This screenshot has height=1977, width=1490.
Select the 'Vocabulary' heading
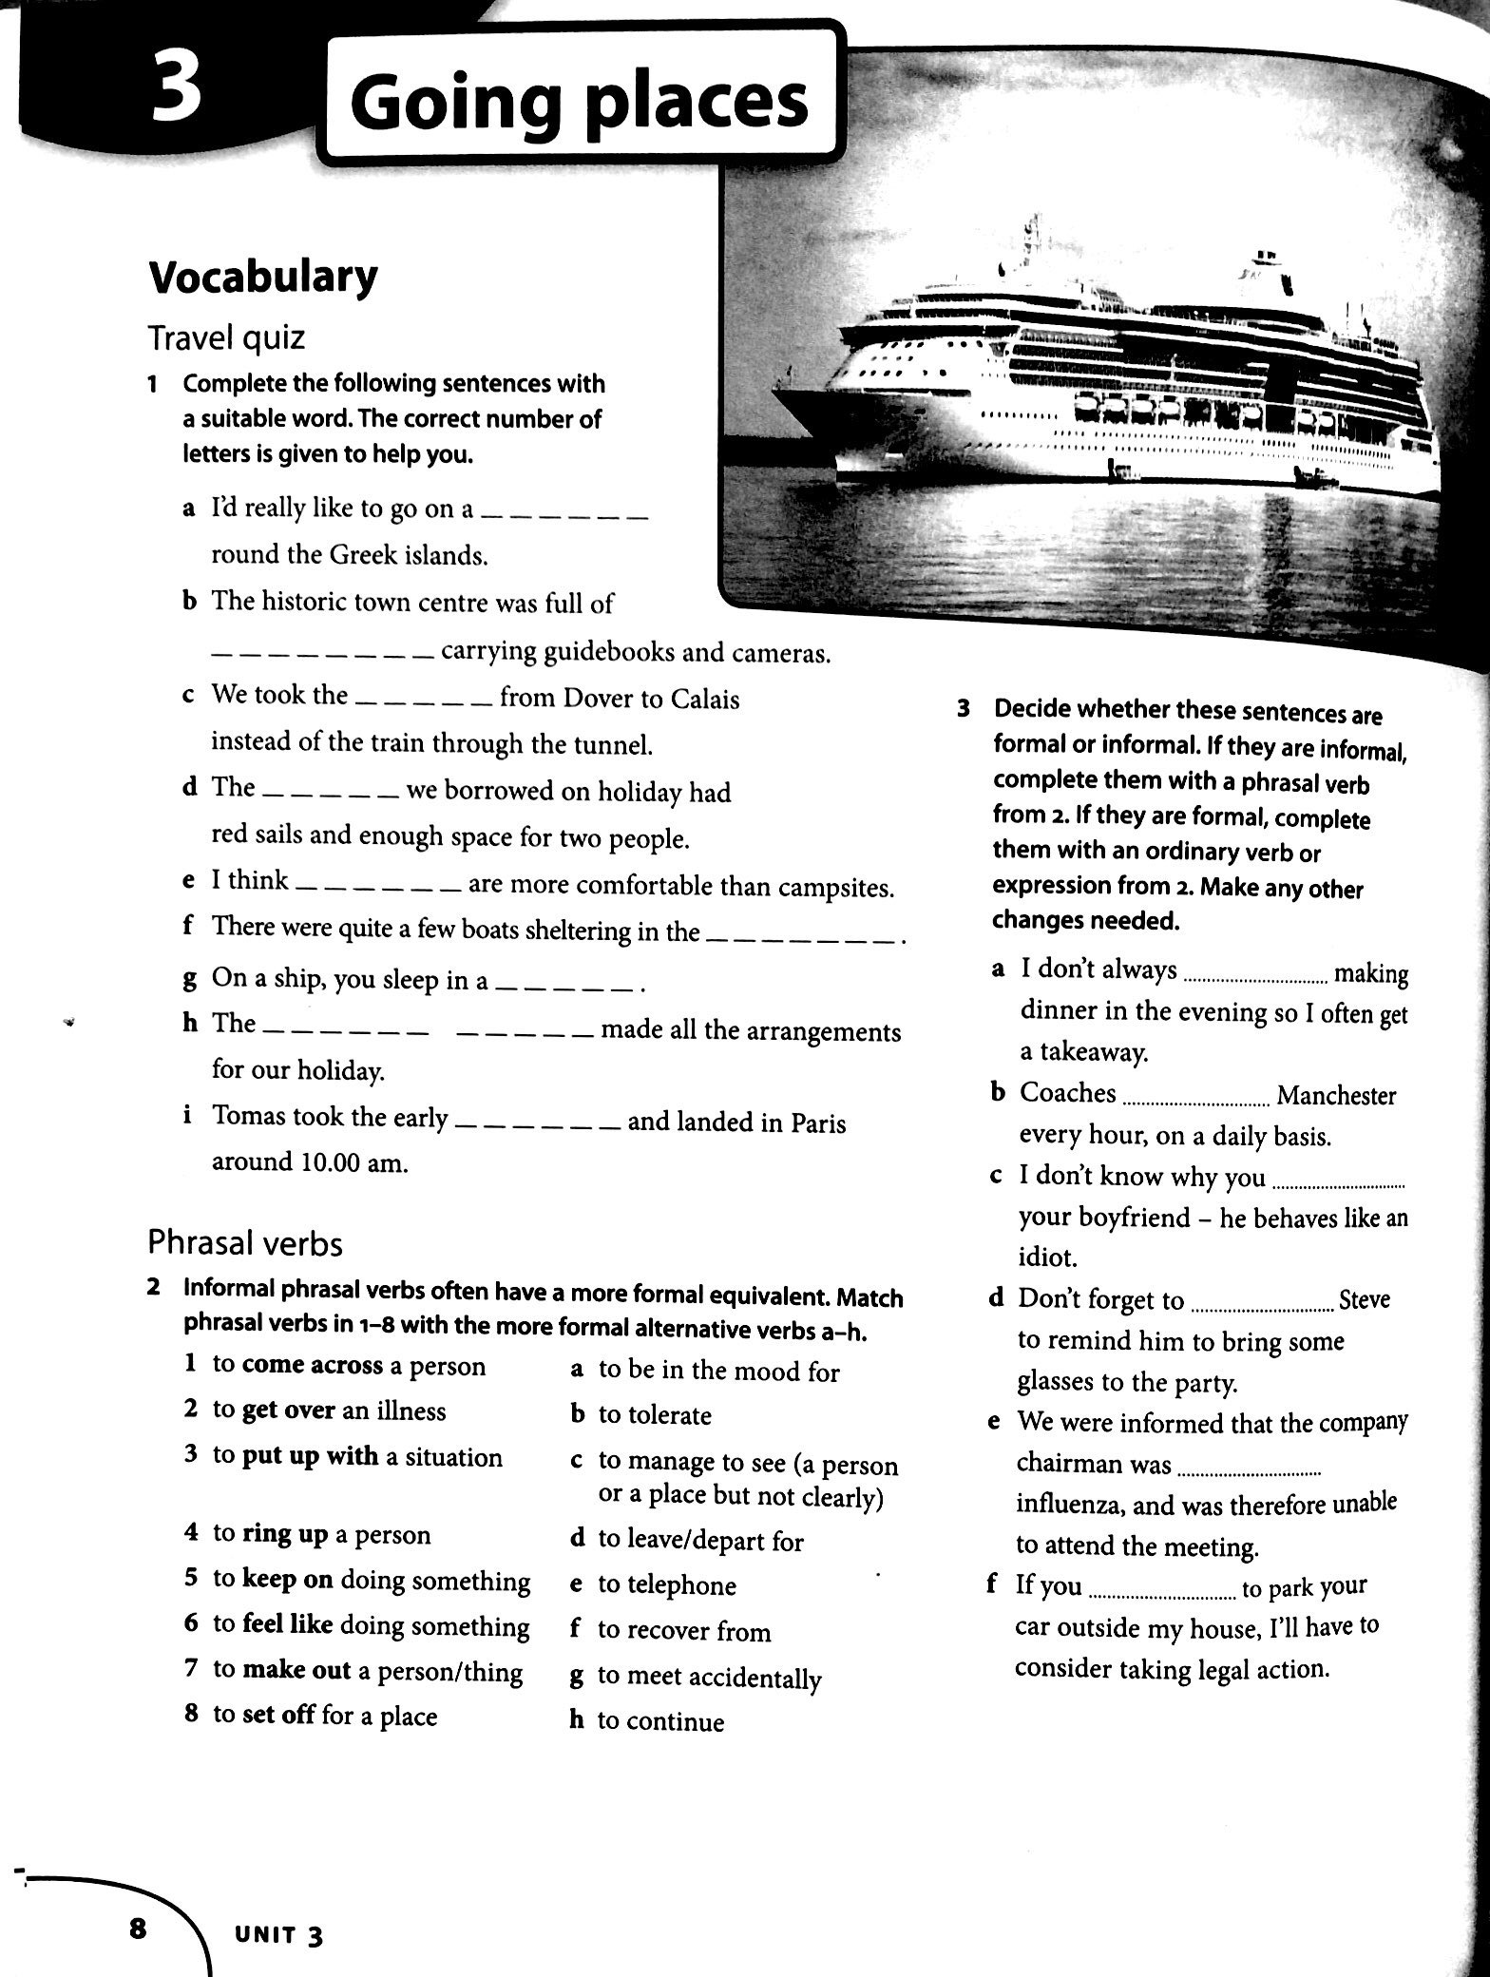coord(262,277)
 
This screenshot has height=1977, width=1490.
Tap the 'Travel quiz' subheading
coord(226,336)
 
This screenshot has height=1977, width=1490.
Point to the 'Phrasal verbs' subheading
coord(244,1242)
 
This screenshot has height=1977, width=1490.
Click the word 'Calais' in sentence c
coord(704,699)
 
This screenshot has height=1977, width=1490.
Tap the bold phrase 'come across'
coord(308,1365)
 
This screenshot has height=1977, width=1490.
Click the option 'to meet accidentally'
coord(708,1678)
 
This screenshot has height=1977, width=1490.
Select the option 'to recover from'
coord(683,1631)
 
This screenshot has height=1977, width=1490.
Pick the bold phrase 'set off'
coord(277,1716)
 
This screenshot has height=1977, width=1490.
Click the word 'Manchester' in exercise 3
coord(1335,1095)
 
